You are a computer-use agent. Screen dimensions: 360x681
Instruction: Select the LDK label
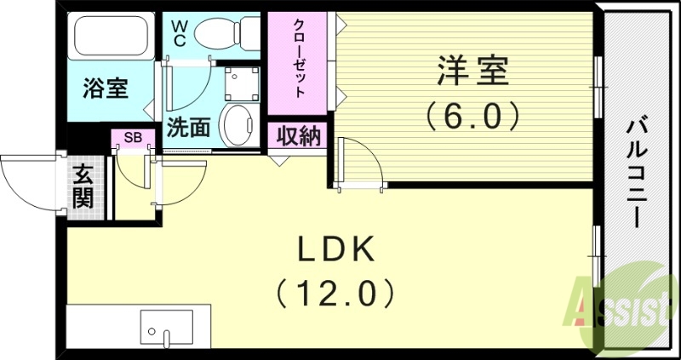(x=335, y=251)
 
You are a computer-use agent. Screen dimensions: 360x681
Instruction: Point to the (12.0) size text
(x=335, y=294)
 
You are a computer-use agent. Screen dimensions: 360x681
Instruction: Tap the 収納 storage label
(x=297, y=135)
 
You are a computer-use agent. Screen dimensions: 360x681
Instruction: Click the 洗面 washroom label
(x=188, y=129)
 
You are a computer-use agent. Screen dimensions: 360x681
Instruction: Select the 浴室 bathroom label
(x=106, y=88)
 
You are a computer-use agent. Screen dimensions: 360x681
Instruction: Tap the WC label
(x=180, y=32)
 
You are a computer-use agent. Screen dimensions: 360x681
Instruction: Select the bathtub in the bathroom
(x=112, y=37)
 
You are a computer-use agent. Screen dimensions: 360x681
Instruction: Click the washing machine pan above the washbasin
(x=239, y=83)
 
